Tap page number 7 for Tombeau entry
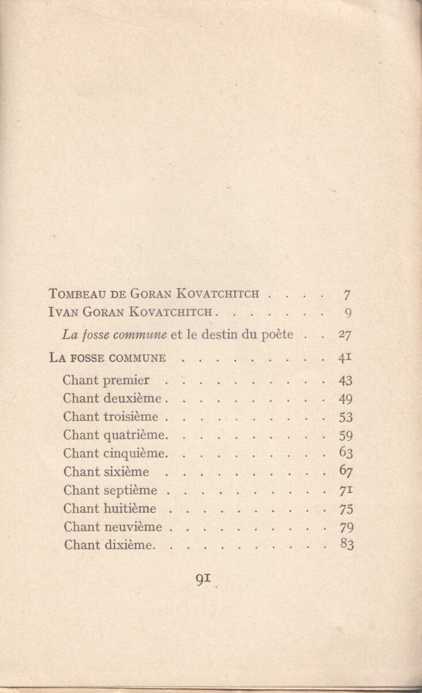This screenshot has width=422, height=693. point(347,295)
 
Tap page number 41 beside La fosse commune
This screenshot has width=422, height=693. point(345,357)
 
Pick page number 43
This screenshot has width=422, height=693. point(346,381)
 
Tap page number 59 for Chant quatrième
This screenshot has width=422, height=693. point(346,435)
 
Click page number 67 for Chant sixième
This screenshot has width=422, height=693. point(346,472)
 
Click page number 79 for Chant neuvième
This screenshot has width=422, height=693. point(346,527)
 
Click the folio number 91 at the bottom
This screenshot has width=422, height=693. point(202,579)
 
